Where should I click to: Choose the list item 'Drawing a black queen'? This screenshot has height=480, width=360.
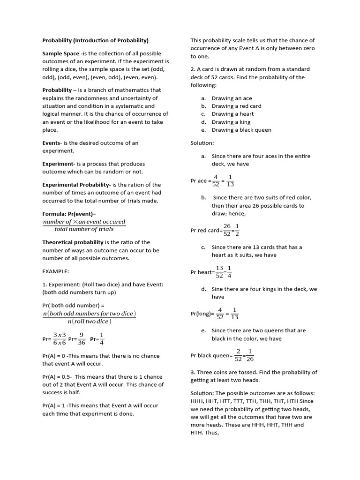click(x=241, y=130)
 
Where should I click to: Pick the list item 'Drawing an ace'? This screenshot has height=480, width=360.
click(x=232, y=98)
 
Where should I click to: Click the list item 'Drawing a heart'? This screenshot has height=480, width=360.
click(x=232, y=114)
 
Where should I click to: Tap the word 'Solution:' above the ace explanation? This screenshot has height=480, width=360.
click(x=202, y=143)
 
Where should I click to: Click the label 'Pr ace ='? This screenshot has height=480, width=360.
click(x=201, y=181)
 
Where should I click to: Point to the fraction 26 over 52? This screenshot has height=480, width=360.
click(x=227, y=230)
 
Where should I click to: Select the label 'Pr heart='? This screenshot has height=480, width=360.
click(x=202, y=272)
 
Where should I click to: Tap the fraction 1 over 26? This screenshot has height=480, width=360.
click(x=250, y=355)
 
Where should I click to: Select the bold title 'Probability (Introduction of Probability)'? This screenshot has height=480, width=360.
click(x=95, y=40)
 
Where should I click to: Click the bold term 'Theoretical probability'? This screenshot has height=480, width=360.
click(x=73, y=242)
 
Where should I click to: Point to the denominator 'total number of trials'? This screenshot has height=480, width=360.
click(x=84, y=229)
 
